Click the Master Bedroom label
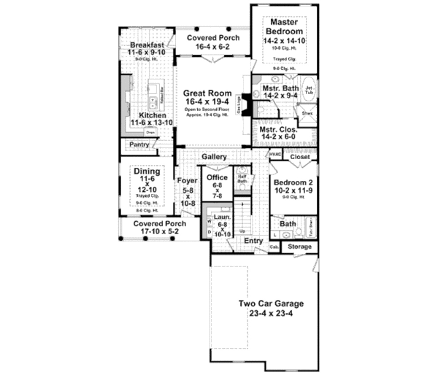[x=285, y=27]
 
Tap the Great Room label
[x=208, y=93]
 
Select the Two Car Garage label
[x=269, y=304]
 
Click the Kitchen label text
[x=152, y=115]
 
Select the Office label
[x=218, y=177]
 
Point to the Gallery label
[x=215, y=157]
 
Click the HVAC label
[x=275, y=155]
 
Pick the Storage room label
[x=299, y=247]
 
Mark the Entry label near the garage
[x=253, y=240]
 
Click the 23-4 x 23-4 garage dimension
[x=269, y=315]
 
